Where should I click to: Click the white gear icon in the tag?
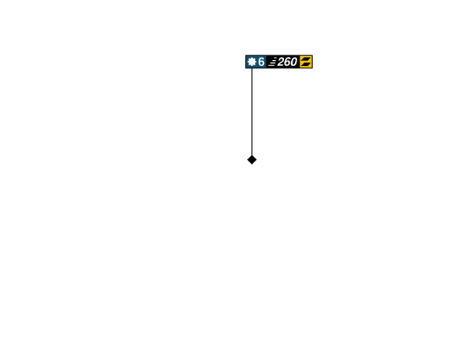click(251, 62)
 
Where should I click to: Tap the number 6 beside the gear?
click(261, 62)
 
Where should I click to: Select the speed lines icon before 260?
click(272, 62)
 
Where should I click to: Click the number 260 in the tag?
click(286, 62)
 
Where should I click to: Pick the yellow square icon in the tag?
click(306, 62)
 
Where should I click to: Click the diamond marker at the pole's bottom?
click(252, 160)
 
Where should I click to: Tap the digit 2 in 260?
click(281, 62)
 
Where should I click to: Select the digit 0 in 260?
click(293, 62)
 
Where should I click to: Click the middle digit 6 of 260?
click(287, 62)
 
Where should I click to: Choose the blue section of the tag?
click(256, 62)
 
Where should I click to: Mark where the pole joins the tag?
click(252, 70)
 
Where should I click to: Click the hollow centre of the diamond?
click(252, 160)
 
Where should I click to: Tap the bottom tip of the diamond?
click(252, 165)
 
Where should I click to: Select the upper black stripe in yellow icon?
click(306, 59)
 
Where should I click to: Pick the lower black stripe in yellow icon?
click(306, 65)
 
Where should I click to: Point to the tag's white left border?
click(245, 62)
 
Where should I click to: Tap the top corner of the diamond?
click(252, 155)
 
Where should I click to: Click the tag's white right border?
click(313, 62)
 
